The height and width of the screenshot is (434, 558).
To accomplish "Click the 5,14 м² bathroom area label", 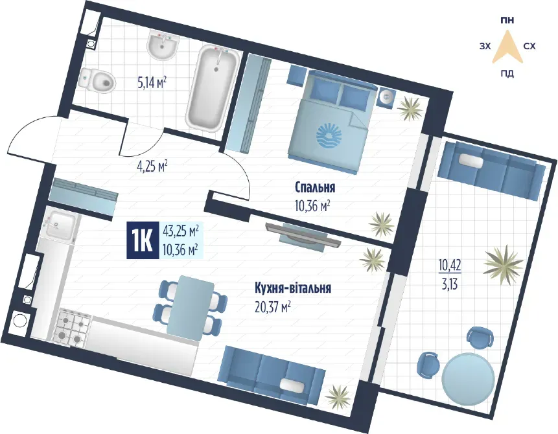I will point(152,82).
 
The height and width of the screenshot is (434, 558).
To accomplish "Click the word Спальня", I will point(314,188).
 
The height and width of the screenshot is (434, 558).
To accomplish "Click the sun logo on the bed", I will point(332,137).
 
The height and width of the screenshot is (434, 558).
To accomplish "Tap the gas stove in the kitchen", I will point(72,327).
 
